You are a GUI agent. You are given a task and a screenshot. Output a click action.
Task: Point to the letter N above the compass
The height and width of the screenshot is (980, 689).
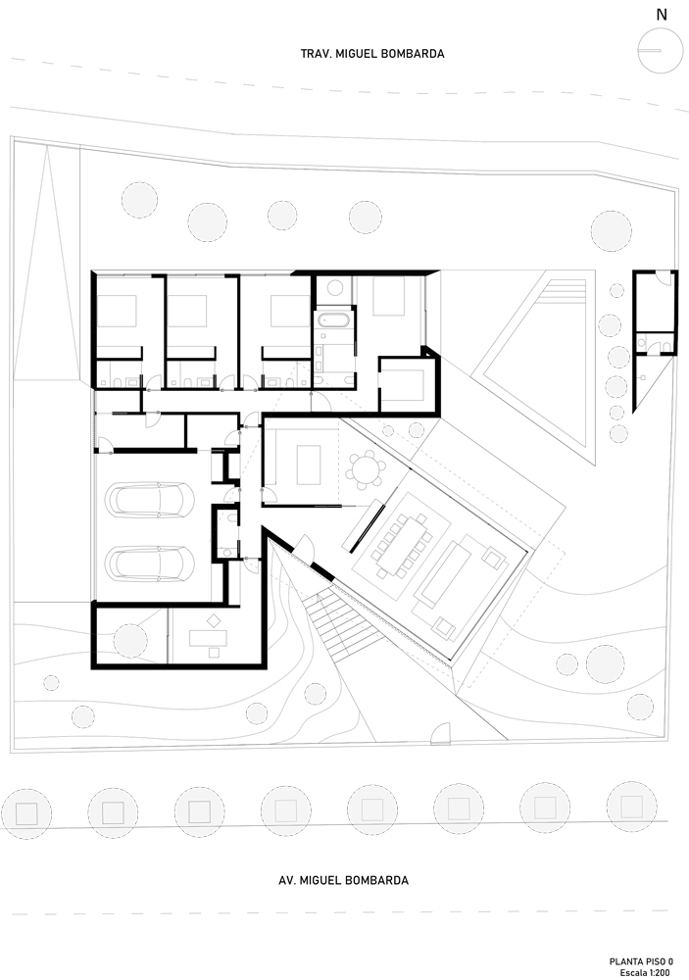click(662, 14)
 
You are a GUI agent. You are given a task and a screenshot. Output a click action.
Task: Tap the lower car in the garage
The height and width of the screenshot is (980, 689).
click(153, 563)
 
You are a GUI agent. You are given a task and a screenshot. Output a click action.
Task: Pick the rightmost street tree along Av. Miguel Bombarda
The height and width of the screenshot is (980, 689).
click(632, 807)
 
